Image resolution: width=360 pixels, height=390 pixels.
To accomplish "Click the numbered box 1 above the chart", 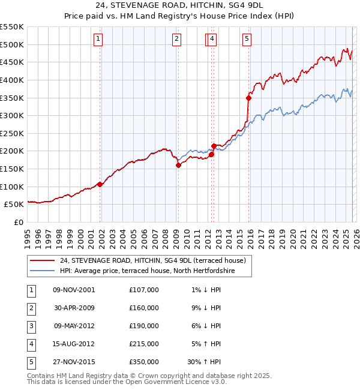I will pos(98,40).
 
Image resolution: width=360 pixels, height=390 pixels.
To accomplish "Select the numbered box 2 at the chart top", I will pos(177,40).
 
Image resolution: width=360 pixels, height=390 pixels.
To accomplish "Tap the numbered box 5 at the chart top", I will pos(247,40).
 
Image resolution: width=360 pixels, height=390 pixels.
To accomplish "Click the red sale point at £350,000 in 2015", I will pos(248,97).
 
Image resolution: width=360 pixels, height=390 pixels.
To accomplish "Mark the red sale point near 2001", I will pos(100,184).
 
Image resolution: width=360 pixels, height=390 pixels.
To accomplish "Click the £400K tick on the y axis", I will pos(12,80).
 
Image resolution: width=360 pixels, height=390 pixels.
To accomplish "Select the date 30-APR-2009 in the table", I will pos(74,308).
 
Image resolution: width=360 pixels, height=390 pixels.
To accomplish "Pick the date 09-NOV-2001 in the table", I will pos(74,290).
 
